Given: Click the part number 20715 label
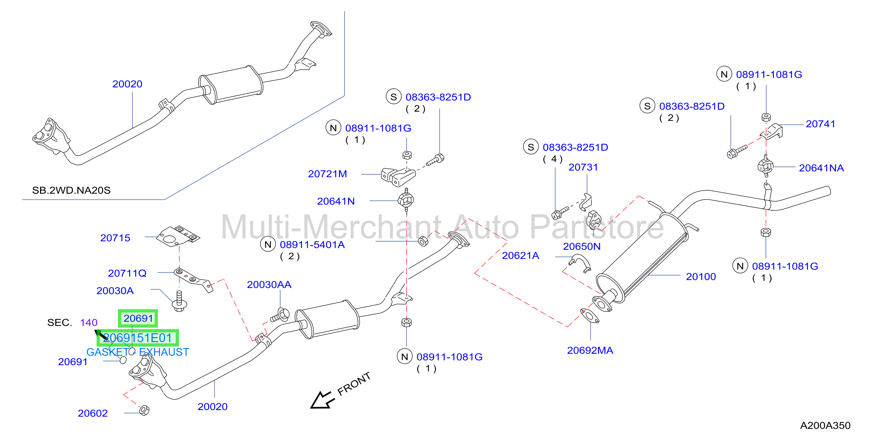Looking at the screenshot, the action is (x=115, y=238).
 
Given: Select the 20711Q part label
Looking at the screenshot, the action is (x=127, y=273).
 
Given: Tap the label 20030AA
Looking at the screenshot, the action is (x=269, y=285).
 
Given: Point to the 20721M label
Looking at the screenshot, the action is (x=327, y=174).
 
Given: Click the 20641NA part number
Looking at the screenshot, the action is (x=821, y=168).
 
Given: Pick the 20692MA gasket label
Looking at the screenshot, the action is (x=590, y=351).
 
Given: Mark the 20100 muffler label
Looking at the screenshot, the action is (x=701, y=277).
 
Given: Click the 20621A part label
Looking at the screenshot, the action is (x=521, y=255).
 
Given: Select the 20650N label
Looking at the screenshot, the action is (x=582, y=246).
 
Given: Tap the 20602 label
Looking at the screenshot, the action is (x=93, y=413).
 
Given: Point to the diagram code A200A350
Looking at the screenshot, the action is (x=825, y=425).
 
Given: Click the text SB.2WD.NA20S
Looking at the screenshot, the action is (x=71, y=190).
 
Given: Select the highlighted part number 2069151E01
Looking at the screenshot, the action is (x=137, y=338).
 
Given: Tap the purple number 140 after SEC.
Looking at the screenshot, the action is (x=89, y=322).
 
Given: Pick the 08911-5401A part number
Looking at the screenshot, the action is (x=312, y=245).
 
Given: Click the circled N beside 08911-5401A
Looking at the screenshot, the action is (x=268, y=244).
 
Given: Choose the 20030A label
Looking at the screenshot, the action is (x=115, y=291).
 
